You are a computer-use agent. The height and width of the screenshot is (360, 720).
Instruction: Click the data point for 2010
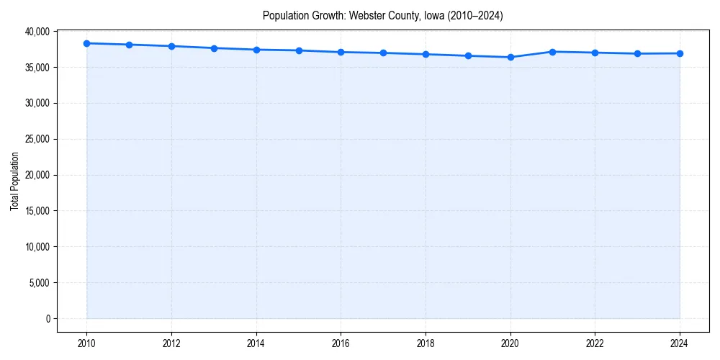86,43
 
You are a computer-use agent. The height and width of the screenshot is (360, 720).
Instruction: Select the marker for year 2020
510,57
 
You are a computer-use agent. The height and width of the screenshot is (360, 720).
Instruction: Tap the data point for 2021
552,52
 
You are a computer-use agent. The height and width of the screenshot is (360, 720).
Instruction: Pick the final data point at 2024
680,53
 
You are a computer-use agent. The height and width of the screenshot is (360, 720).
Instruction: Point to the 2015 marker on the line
299,50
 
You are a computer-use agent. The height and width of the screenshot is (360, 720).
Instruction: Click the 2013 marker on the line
214,48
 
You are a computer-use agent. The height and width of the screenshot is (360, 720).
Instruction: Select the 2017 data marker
383,53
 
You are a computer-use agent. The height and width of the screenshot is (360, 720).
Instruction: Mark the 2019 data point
468,55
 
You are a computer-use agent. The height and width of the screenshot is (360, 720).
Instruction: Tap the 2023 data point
637,53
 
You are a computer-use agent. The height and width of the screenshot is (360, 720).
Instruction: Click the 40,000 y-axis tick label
37,32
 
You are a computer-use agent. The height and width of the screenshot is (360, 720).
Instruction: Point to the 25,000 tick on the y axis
37,139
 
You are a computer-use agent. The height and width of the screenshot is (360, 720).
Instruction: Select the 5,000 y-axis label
39,283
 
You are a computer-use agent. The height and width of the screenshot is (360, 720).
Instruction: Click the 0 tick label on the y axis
48,319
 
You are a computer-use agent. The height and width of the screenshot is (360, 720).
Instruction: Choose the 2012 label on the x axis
171,343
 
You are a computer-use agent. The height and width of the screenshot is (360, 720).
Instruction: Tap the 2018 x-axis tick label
426,343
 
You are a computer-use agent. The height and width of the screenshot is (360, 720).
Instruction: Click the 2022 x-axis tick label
595,343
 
